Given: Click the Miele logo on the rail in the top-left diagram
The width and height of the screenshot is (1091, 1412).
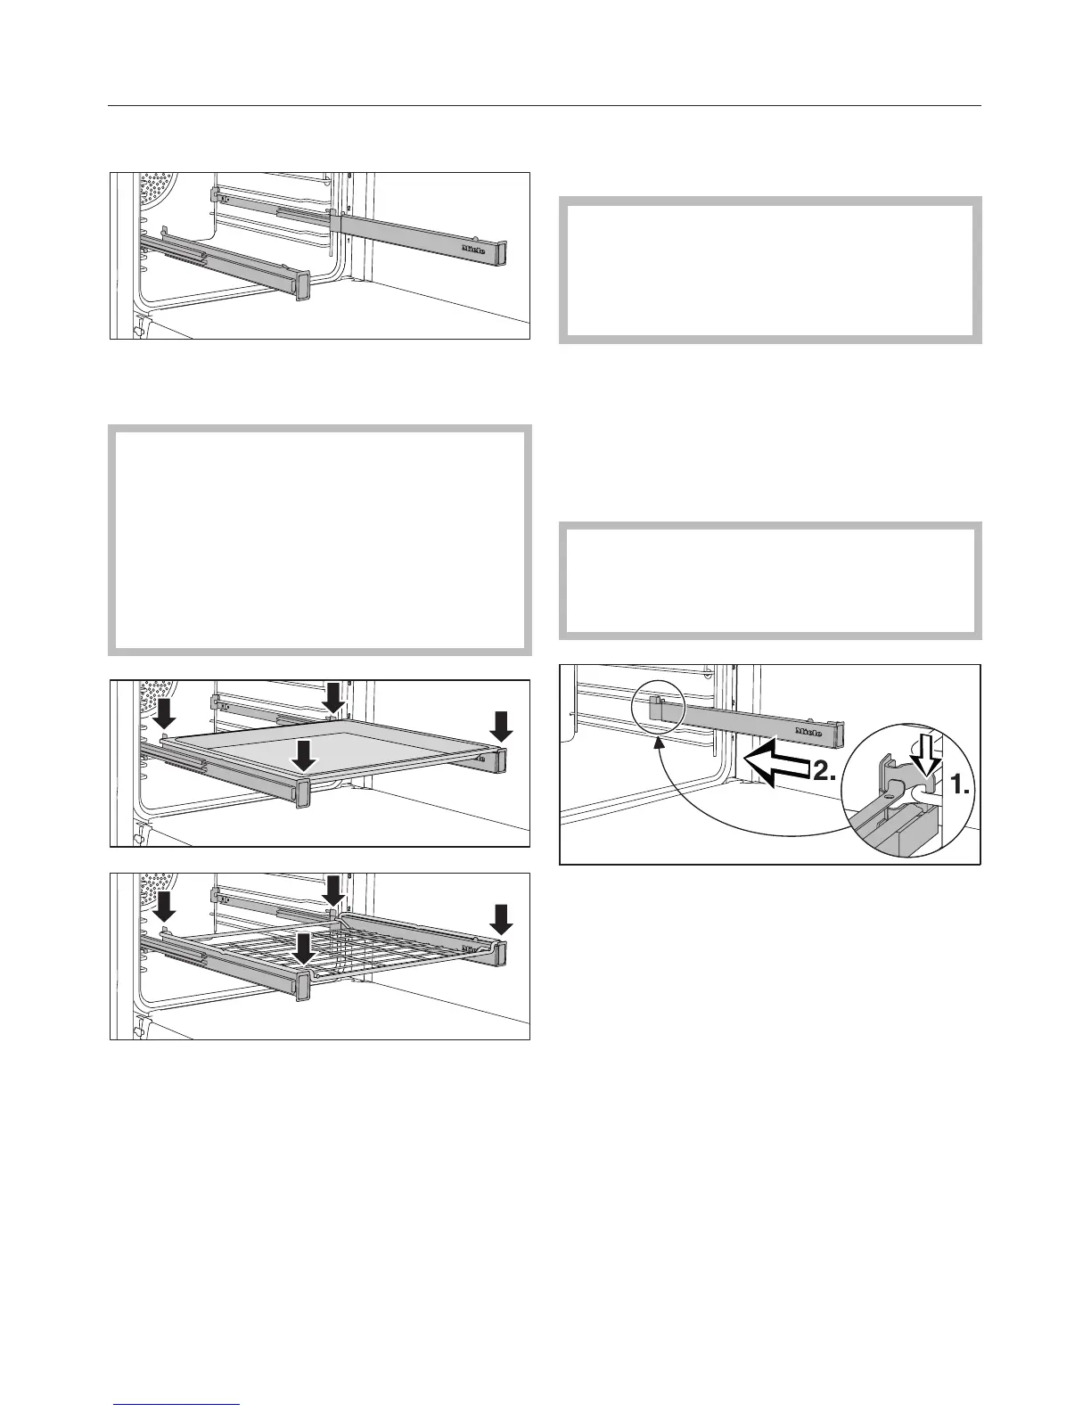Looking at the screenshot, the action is (473, 251).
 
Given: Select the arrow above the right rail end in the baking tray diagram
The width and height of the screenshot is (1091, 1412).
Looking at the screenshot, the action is (501, 725).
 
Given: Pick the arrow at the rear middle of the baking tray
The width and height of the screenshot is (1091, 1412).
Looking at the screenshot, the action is (332, 695).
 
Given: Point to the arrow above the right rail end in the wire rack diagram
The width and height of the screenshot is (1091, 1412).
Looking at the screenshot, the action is (501, 918).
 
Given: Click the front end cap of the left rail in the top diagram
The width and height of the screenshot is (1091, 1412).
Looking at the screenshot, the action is (300, 284).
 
